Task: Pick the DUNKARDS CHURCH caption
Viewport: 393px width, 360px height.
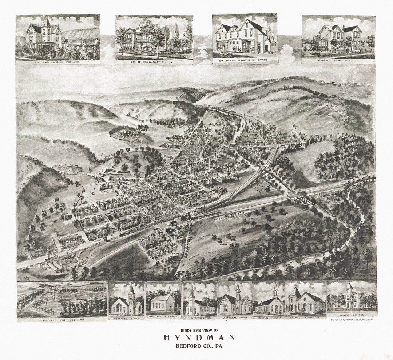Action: pyautogui.click(x=199, y=317)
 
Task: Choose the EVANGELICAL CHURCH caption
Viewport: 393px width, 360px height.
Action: pyautogui.click(x=235, y=317)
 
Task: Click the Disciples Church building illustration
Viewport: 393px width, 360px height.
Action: pyautogui.click(x=269, y=304)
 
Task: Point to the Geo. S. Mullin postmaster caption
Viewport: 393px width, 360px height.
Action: pyautogui.click(x=57, y=62)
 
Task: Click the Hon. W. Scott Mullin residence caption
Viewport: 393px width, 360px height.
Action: pyautogui.click(x=154, y=62)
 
